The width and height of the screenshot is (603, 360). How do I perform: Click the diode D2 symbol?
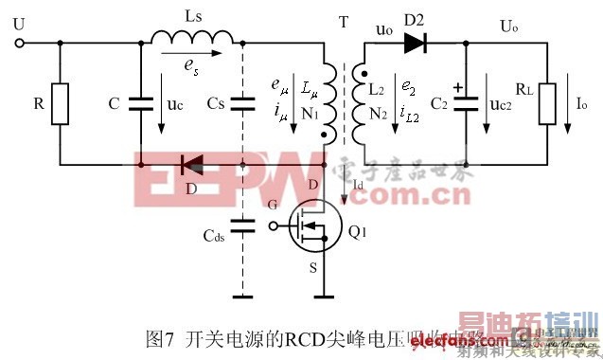click(414, 43)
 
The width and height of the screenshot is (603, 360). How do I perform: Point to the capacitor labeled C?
click(140, 101)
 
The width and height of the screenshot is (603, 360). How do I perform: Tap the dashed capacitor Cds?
click(244, 225)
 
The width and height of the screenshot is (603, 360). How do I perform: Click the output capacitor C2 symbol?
click(467, 101)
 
